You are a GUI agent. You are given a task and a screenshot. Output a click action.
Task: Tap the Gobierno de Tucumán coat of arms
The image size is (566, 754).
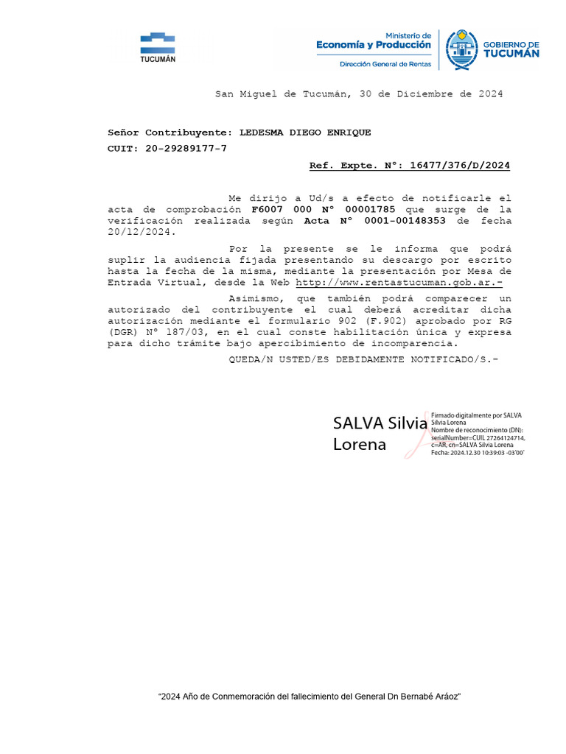pos(462,49)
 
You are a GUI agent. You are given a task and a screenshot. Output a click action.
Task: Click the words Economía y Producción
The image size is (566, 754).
pos(374,45)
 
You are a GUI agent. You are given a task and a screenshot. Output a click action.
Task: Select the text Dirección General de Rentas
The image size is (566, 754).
pos(385,64)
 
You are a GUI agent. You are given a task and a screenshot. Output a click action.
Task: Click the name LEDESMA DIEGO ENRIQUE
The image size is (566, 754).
pos(305,133)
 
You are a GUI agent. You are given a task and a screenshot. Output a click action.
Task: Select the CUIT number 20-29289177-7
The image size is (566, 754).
pos(187,149)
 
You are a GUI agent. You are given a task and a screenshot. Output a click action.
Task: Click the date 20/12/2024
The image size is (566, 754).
pos(139,232)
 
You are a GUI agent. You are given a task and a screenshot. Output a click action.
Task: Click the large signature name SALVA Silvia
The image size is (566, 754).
pos(380,423)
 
